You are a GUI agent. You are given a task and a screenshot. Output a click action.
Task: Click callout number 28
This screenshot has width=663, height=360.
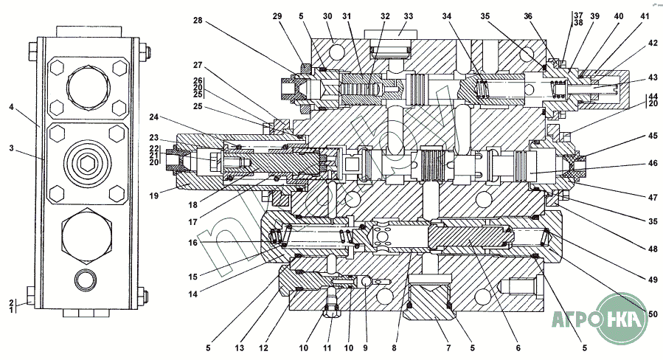198,21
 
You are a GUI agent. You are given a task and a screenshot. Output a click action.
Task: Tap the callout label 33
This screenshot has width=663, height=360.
408,16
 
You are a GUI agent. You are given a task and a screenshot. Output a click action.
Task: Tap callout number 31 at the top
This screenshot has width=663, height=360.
347,16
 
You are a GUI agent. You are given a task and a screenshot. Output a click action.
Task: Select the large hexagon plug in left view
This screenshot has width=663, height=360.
85,236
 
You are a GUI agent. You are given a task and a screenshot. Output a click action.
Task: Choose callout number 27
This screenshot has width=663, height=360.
198,64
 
